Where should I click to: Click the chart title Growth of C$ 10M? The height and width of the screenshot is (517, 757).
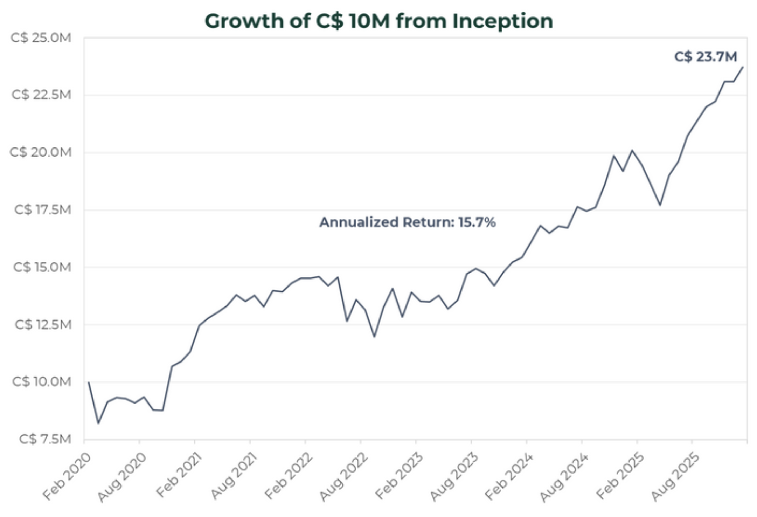click(378, 21)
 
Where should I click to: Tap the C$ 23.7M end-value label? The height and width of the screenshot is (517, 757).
click(705, 57)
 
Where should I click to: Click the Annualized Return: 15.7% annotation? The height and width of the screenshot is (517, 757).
click(407, 222)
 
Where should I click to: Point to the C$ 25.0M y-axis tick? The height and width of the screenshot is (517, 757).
click(41, 38)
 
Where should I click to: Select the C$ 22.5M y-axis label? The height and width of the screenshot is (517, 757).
click(41, 95)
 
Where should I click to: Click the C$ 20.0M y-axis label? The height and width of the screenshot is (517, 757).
click(41, 152)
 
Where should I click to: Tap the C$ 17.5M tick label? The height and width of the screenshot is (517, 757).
click(42, 210)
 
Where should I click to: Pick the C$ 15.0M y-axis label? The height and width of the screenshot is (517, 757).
click(42, 267)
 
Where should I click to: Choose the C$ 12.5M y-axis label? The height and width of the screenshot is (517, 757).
click(43, 325)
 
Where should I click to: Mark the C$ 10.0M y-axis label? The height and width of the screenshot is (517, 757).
click(42, 382)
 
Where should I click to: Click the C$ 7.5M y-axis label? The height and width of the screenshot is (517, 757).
click(45, 439)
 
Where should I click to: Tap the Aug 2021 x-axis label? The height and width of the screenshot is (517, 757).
click(234, 476)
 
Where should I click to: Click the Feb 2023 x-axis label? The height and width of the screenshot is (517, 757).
click(399, 476)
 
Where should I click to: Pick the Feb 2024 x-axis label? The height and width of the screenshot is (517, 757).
click(509, 476)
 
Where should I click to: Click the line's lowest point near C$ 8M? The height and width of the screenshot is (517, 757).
click(98, 423)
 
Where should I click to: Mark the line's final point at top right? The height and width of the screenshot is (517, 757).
click(743, 67)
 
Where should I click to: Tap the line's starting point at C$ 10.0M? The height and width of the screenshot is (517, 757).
click(89, 382)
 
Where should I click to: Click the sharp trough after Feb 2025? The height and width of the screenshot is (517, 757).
click(660, 205)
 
